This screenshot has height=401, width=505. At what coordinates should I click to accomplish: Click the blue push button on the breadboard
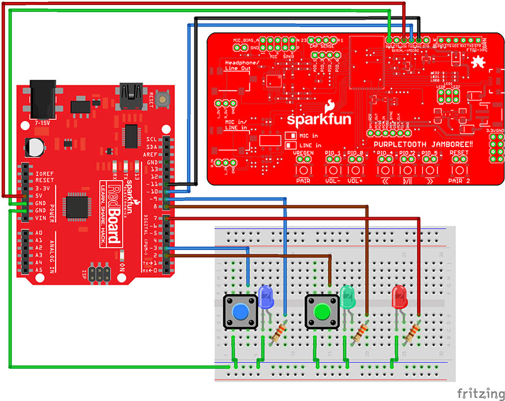[x=241, y=312]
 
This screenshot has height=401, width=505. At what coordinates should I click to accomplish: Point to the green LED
[x=348, y=296]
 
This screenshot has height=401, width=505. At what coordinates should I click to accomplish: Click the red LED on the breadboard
[x=400, y=296]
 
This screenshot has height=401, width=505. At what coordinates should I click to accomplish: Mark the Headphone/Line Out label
[x=240, y=66]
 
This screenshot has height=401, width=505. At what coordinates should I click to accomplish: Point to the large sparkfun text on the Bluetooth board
[x=313, y=118]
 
